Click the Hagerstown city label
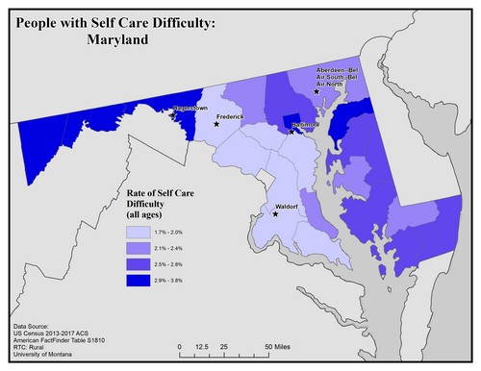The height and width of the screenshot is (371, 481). pos(190,109)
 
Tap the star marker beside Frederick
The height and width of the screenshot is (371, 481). pos(217,123)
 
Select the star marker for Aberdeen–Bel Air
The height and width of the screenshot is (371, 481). pos(316,91)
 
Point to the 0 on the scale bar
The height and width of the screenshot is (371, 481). pos(180,345)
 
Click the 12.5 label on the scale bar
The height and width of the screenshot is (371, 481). pos(202,345)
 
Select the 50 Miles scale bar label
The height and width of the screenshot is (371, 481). pos(280,345)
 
